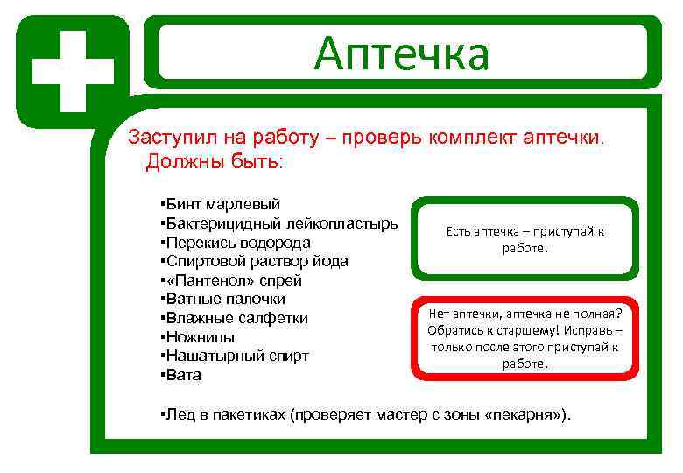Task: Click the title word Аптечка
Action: click(402, 53)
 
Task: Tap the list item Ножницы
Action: click(201, 337)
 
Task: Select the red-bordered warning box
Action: click(525, 337)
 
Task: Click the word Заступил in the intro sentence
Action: click(165, 138)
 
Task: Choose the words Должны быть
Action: click(215, 162)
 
